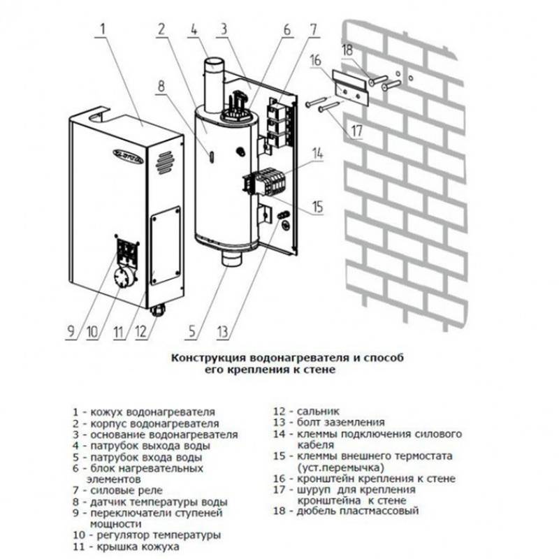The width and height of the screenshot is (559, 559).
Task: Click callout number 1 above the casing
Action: coord(103,30)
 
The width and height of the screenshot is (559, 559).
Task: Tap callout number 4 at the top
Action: coord(194,30)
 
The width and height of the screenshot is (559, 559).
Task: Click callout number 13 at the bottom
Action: coord(242,329)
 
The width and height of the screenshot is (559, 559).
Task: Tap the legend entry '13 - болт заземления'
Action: coord(328,422)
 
